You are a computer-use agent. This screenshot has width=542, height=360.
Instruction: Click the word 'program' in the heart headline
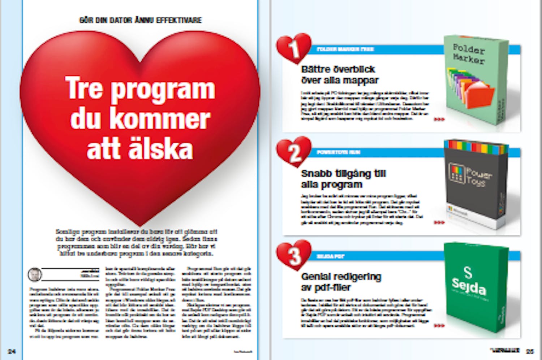click(x=163, y=90)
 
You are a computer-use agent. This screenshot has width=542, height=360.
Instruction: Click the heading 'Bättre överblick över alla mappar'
click(x=340, y=75)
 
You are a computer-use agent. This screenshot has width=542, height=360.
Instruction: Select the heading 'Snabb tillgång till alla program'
click(x=343, y=179)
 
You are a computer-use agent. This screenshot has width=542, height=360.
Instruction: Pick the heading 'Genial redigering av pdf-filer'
click(x=341, y=282)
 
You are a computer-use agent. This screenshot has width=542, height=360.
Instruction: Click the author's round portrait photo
click(x=35, y=275)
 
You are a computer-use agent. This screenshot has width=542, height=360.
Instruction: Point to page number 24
click(x=12, y=351)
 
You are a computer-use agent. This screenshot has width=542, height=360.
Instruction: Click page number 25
click(x=530, y=351)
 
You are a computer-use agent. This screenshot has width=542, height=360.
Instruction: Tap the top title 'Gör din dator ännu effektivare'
click(x=140, y=20)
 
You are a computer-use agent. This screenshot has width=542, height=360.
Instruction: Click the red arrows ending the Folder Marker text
click(x=439, y=119)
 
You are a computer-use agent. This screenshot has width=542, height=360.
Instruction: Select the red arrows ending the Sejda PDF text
click(x=439, y=326)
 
